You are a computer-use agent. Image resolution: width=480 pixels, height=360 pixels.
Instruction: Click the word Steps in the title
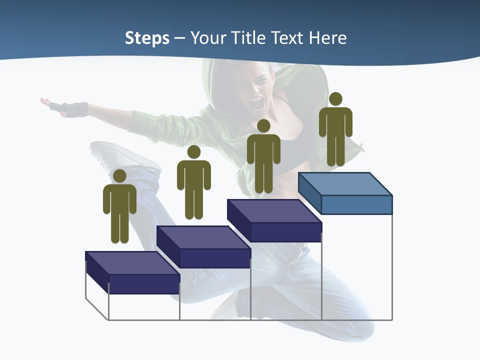147,38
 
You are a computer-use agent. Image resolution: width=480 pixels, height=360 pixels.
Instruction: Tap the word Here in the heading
327,38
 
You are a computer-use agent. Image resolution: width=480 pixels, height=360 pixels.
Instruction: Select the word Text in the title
289,38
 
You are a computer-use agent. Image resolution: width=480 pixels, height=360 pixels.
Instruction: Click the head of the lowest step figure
119,176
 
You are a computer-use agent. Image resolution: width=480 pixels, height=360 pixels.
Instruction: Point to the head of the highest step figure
335,99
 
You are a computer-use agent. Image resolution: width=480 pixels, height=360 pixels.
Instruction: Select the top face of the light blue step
345,183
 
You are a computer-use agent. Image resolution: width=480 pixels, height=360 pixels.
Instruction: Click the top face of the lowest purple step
132,262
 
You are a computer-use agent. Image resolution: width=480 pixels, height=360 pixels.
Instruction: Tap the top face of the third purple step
274,210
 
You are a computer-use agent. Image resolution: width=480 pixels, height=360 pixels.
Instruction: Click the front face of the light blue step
356,204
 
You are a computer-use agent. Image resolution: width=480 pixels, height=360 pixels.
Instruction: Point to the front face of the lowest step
144,284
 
